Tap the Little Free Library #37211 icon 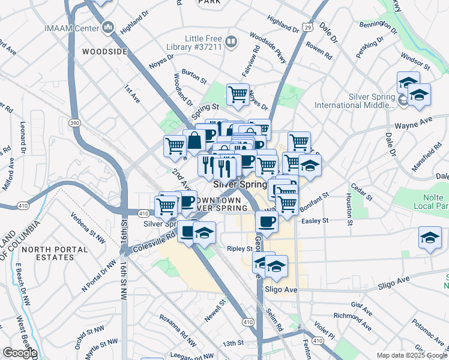(231, 41)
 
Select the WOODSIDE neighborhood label (105, 52)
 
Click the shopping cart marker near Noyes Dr (238, 94)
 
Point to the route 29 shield (307, 27)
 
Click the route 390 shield (74, 122)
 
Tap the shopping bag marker (194, 142)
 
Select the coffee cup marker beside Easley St (266, 221)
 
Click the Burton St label (194, 79)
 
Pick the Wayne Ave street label (413, 124)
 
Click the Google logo (19, 353)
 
